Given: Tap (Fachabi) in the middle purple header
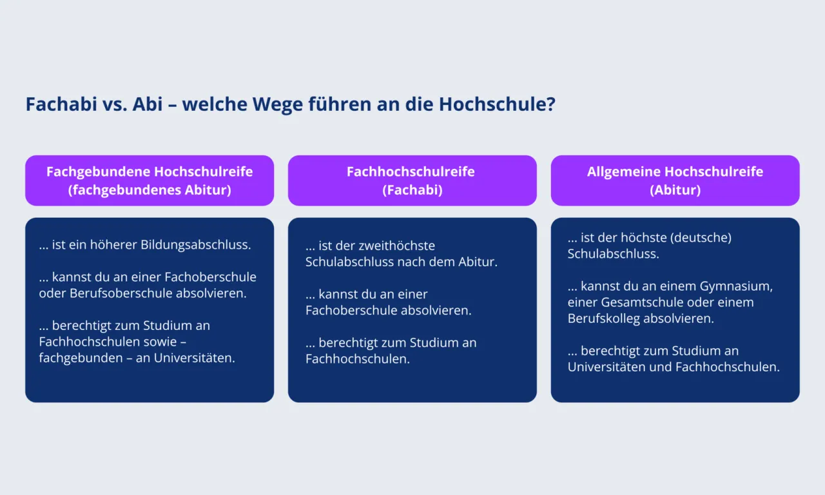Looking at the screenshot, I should (x=412, y=191).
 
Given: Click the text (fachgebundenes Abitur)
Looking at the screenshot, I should (x=150, y=191).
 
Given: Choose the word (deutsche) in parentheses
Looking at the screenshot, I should (x=701, y=238).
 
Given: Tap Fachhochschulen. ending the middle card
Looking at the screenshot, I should (x=358, y=359).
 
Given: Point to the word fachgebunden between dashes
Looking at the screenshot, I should (x=81, y=358).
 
